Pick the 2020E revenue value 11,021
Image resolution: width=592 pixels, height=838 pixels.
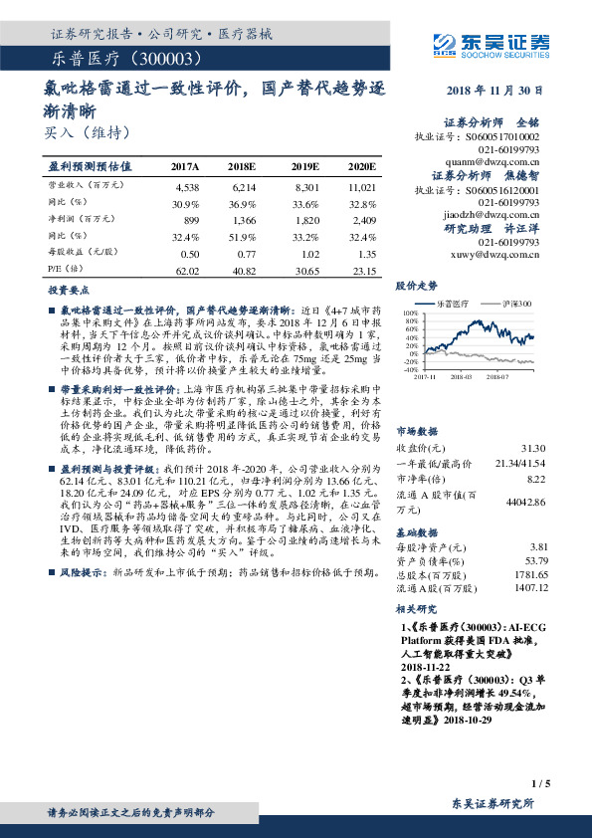361,186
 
